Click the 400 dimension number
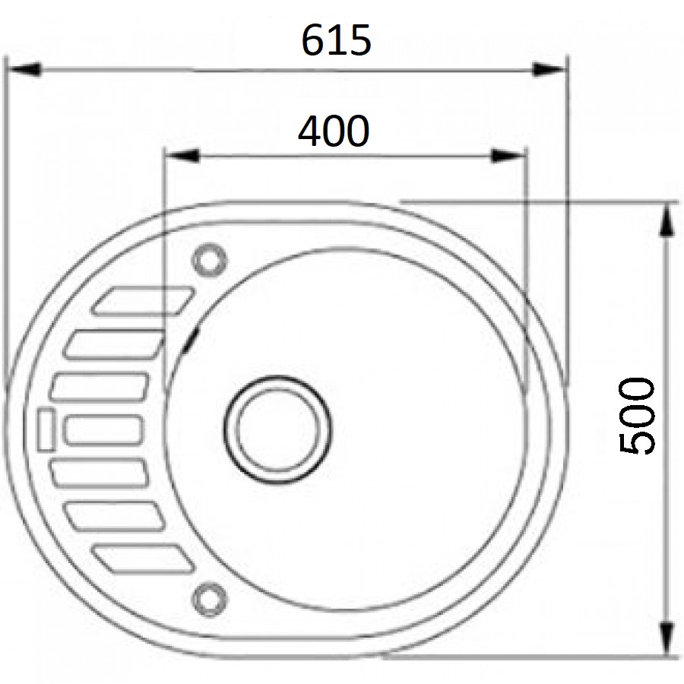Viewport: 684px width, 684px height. (x=333, y=131)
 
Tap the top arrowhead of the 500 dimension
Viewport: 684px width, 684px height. (x=667, y=220)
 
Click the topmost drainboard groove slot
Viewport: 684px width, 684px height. (x=143, y=299)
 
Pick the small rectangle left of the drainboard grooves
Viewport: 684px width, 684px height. (x=44, y=429)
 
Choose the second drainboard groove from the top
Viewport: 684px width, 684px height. (x=114, y=344)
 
